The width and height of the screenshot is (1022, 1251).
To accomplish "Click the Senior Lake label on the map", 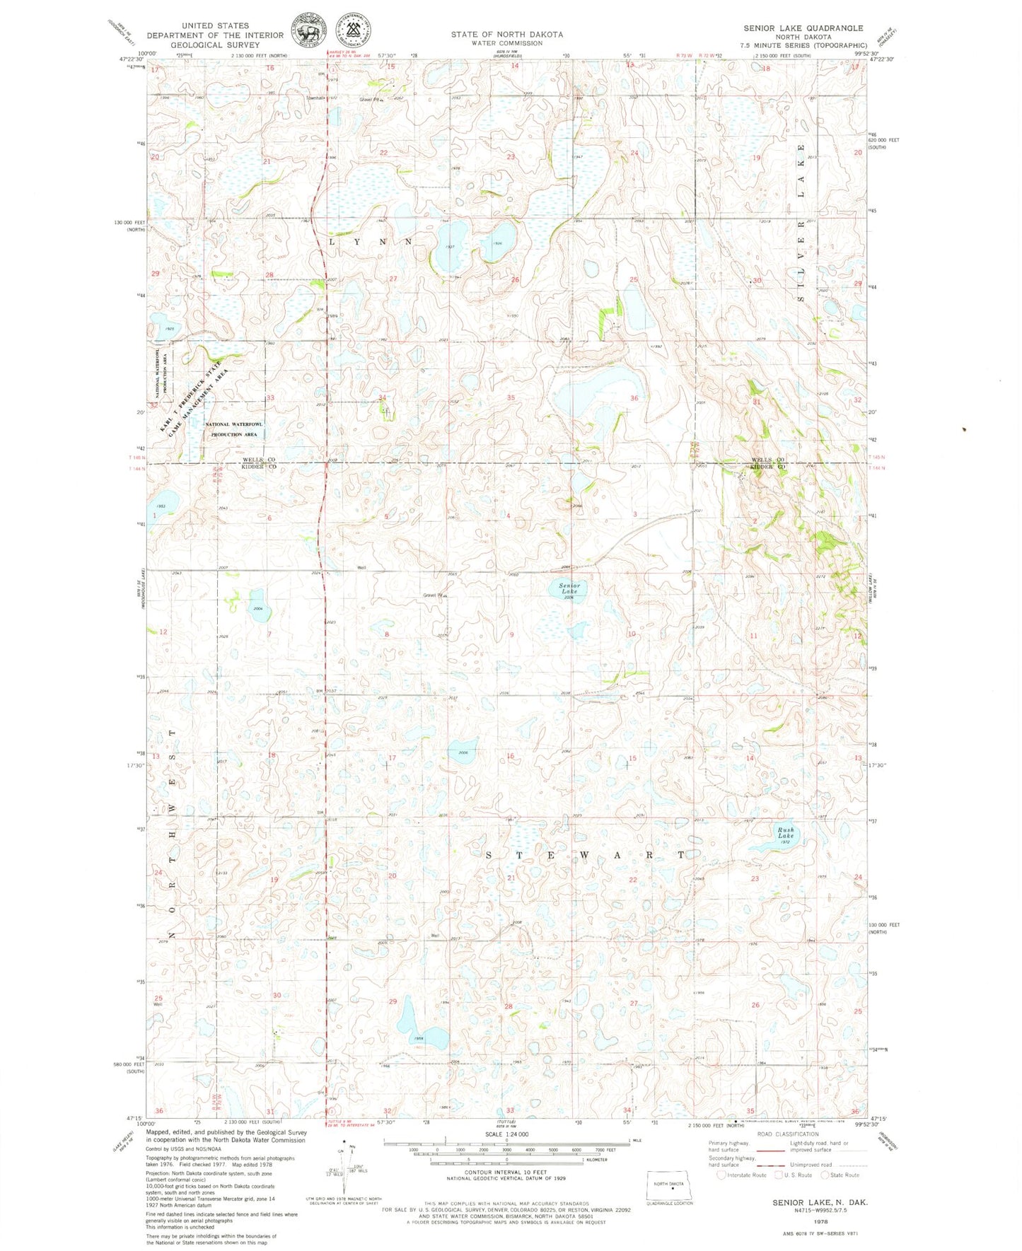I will click(569, 588).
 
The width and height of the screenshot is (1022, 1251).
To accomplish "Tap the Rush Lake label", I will click(786, 832).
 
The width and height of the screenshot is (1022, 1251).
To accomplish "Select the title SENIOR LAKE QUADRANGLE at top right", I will click(803, 28).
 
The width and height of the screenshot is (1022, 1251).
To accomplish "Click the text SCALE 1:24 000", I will click(506, 1134).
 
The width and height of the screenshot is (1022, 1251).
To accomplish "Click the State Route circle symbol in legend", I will click(825, 1175).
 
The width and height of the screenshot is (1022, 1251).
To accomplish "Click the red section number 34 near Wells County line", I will click(383, 397).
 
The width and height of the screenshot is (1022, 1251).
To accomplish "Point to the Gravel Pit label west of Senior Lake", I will click(434, 595).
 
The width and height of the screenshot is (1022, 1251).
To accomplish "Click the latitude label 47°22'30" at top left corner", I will click(132, 59).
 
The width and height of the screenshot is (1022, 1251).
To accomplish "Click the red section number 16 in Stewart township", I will click(510, 756).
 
